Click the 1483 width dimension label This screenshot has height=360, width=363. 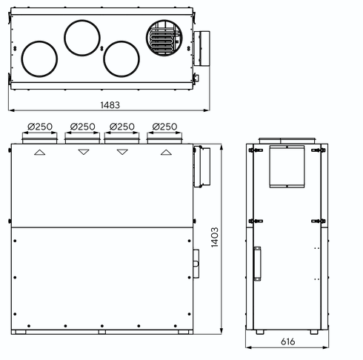point(110,105)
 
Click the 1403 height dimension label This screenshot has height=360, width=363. point(215,237)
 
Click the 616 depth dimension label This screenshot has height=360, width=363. point(287,341)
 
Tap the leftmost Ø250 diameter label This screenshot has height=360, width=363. point(40,127)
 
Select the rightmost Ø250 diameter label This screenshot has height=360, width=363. point(164,127)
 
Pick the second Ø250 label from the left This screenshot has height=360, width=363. point(82,127)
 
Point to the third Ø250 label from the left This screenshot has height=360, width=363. point(122,127)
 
